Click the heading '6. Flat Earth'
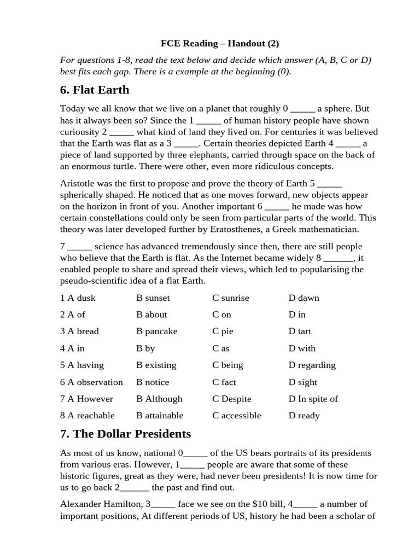[95, 89]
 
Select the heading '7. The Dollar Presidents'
[125, 434]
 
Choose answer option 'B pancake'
[157, 331]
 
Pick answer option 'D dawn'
[304, 298]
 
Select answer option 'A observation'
[91, 382]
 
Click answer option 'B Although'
[159, 399]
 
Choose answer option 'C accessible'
[237, 416]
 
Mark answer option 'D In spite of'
[313, 399]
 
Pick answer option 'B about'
[151, 314]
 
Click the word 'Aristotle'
[78, 184]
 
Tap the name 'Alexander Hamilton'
[100, 504]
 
